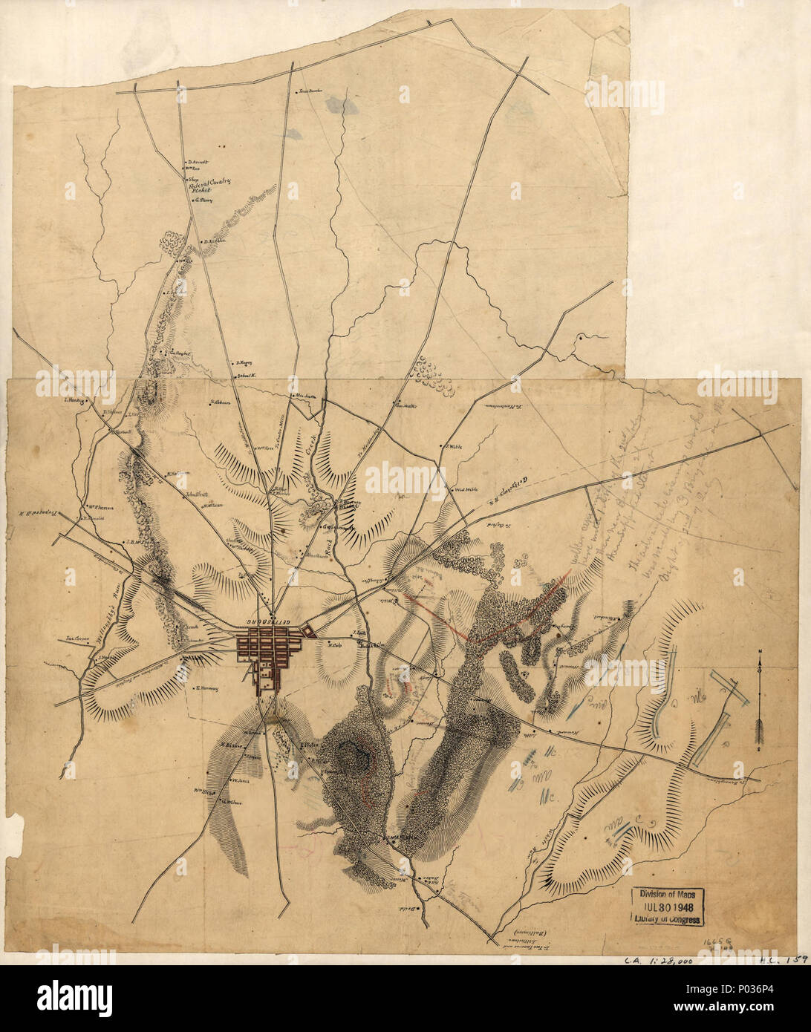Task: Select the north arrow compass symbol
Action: coord(760,698)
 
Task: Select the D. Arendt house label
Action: coord(198,161)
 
